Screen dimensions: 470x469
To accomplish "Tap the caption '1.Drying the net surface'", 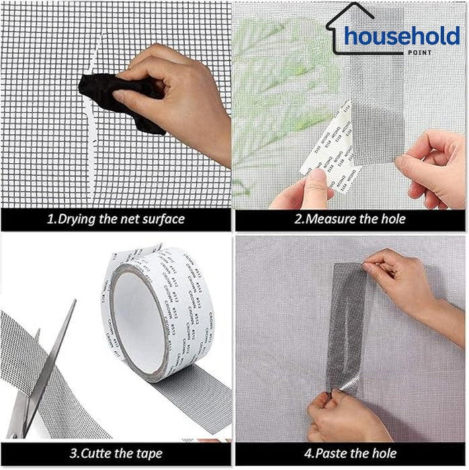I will click(x=115, y=219).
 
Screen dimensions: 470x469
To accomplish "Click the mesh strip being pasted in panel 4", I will click(x=346, y=329).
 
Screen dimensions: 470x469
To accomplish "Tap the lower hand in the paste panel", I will click(x=343, y=420).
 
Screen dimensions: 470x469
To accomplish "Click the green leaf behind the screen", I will click(x=282, y=81).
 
